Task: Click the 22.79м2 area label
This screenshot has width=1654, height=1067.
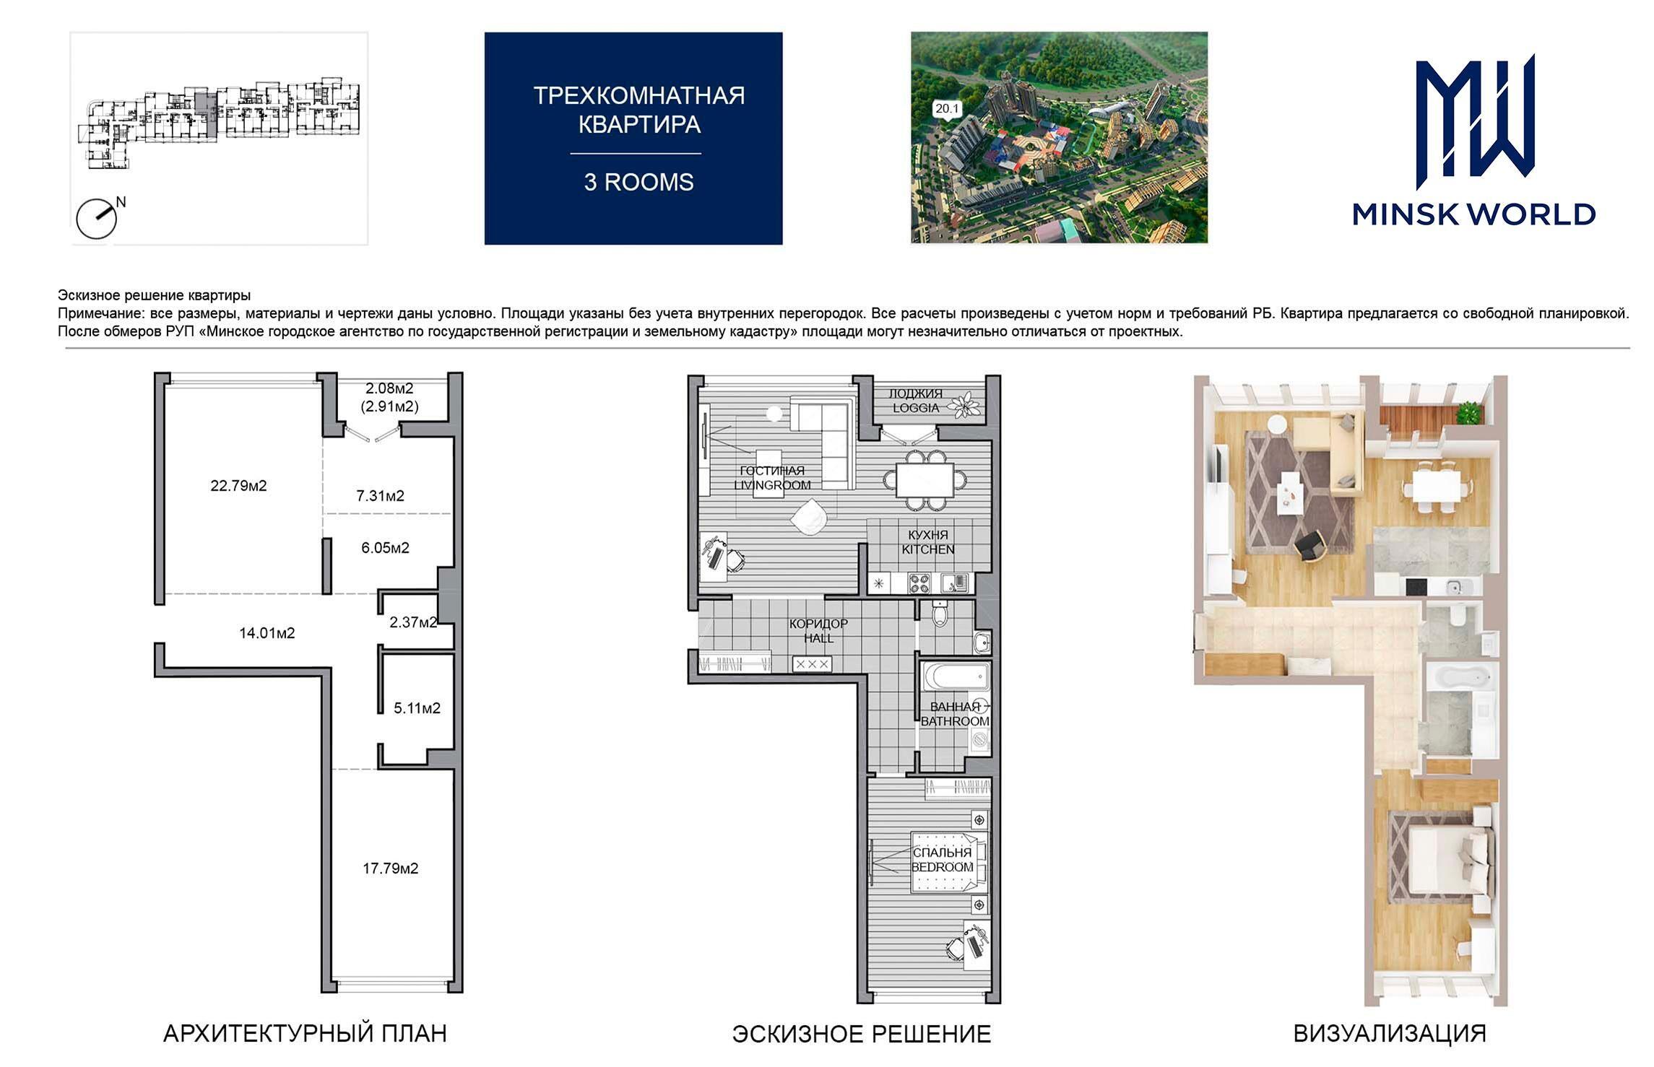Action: click(x=238, y=486)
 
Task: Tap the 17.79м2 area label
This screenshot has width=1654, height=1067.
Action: click(x=390, y=868)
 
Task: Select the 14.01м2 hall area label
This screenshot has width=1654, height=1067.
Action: click(x=267, y=633)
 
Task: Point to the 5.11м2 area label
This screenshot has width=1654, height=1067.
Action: click(x=417, y=708)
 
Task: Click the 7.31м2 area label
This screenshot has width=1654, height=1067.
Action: click(x=380, y=496)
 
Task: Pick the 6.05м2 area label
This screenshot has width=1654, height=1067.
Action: click(x=385, y=548)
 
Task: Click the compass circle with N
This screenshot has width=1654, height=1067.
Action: click(x=97, y=219)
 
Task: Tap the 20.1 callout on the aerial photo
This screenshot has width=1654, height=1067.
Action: click(x=947, y=109)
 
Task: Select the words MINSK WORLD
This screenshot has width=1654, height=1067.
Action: click(x=1474, y=214)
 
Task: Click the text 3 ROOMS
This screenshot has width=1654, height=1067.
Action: click(x=638, y=182)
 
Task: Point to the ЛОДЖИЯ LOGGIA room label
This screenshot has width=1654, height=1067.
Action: click(x=915, y=401)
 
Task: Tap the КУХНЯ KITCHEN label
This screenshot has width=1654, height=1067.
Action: click(x=928, y=542)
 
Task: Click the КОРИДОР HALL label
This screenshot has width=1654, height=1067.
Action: click(x=818, y=631)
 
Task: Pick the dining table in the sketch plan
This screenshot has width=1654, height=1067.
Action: click(x=925, y=479)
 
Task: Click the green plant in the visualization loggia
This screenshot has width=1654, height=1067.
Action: click(x=1468, y=414)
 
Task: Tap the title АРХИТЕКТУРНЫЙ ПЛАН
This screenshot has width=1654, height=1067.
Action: click(x=305, y=1034)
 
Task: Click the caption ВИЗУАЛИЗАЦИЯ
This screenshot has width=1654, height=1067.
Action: click(x=1389, y=1034)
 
